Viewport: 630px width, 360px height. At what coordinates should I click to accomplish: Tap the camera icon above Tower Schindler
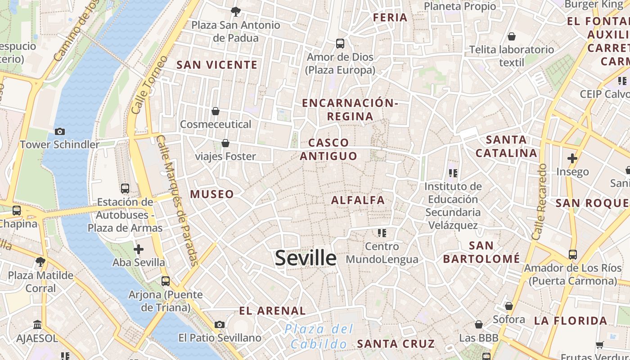[59, 131]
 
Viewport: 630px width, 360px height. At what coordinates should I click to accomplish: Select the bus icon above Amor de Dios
[340, 44]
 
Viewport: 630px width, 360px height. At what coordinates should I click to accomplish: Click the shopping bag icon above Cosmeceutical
[216, 111]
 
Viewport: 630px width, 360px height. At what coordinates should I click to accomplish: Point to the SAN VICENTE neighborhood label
[217, 65]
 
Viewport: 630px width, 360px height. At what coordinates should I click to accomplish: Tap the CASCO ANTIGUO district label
[328, 149]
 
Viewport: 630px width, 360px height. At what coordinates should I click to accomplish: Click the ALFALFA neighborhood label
[358, 200]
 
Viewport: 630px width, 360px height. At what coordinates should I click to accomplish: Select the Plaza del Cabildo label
[319, 337]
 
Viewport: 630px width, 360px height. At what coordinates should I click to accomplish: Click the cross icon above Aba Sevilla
[139, 249]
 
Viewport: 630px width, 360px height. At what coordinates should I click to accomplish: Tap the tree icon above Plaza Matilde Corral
[40, 261]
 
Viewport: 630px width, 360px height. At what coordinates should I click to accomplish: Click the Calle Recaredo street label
[539, 202]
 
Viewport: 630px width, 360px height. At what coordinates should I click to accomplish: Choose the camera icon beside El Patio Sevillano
[220, 324]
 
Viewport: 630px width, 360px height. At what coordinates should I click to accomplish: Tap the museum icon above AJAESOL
[37, 324]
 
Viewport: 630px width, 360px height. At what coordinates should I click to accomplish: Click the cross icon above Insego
[572, 158]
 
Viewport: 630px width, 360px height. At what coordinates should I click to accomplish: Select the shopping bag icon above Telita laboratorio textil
[512, 36]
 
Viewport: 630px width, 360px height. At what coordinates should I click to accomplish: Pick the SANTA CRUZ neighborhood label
[396, 344]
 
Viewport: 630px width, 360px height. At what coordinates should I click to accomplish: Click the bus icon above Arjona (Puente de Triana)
[166, 281]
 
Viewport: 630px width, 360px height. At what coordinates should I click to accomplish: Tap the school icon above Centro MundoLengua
[382, 233]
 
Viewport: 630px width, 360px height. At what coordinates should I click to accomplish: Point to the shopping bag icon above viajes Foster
[225, 143]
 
